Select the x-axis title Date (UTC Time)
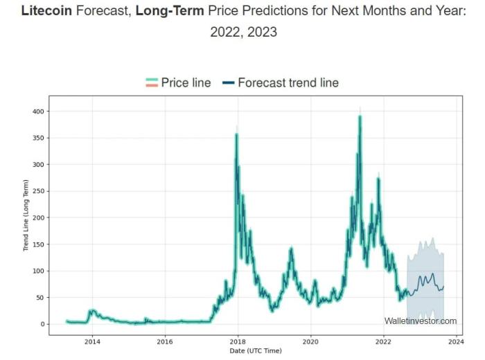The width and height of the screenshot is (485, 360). pyautogui.click(x=256, y=351)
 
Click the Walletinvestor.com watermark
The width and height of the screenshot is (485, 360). pyautogui.click(x=421, y=321)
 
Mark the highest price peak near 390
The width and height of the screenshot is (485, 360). pyautogui.click(x=360, y=116)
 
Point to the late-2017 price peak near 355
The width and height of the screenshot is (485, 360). pyautogui.click(x=236, y=134)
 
